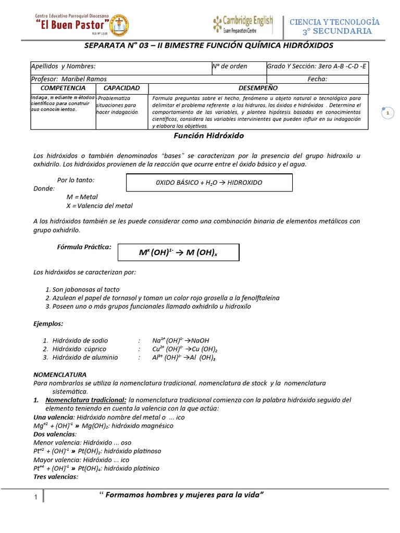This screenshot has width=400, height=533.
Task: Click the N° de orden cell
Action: [230, 67]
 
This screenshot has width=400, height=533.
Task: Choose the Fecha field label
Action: [317, 79]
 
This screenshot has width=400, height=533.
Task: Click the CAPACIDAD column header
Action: [121, 88]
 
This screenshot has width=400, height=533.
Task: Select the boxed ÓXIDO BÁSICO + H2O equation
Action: [209, 183]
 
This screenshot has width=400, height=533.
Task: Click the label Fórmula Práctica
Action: [84, 247]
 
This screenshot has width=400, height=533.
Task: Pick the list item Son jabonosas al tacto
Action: [86, 289]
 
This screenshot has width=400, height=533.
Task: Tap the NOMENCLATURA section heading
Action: [60, 374]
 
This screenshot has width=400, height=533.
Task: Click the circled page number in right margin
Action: [387, 112]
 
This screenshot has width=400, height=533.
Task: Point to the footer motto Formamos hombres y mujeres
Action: [182, 494]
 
